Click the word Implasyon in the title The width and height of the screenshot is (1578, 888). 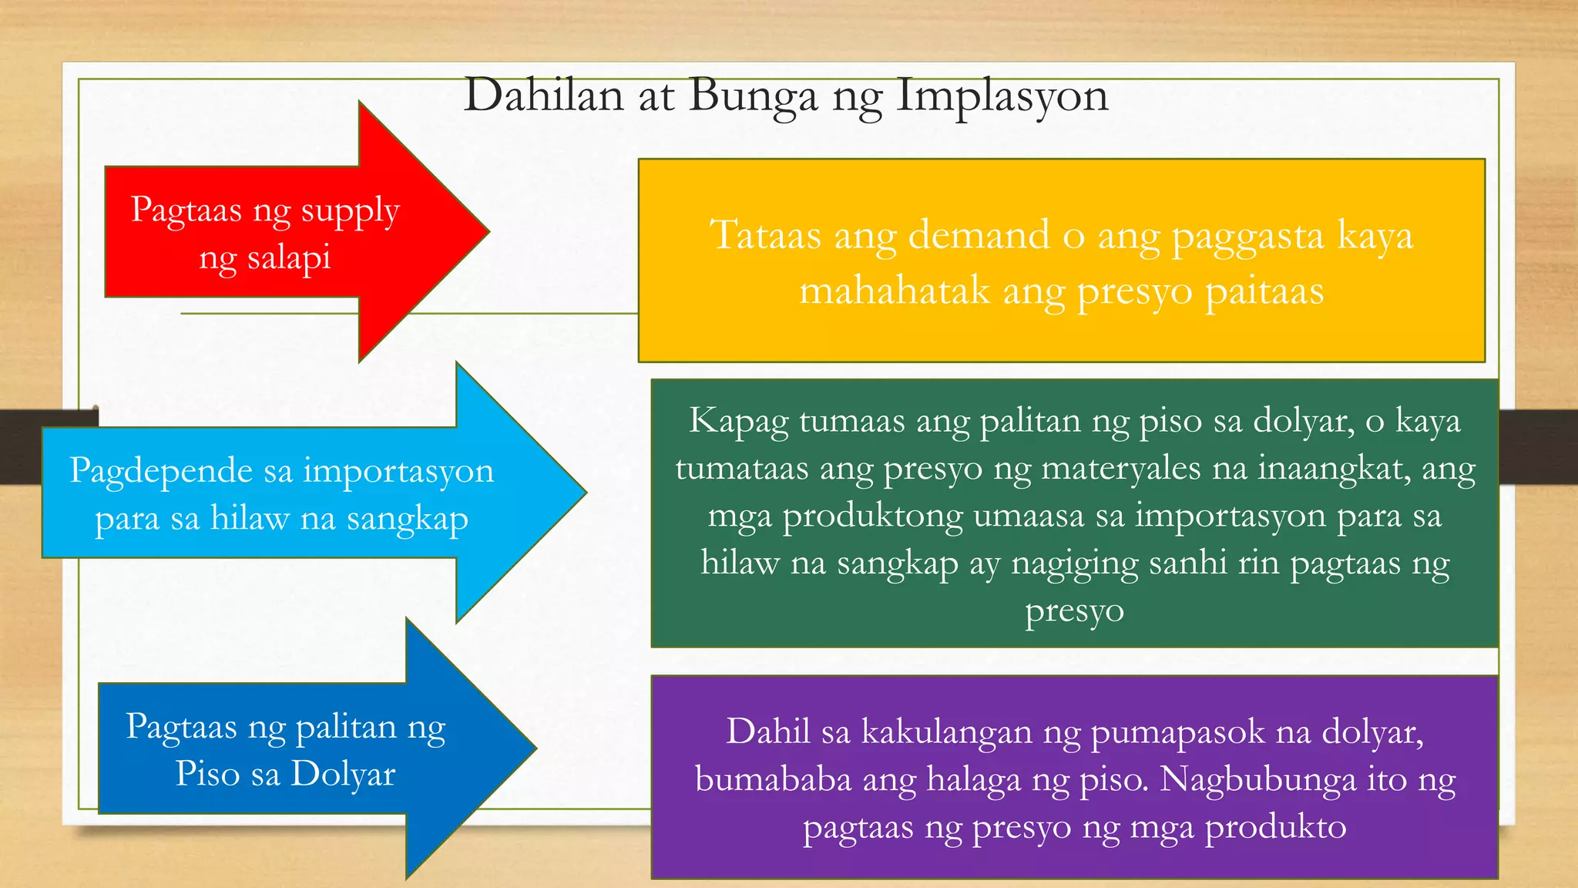(1002, 96)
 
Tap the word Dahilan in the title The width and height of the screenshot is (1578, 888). (543, 96)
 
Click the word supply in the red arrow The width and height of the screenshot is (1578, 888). (351, 211)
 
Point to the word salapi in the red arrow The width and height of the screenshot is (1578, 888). (288, 257)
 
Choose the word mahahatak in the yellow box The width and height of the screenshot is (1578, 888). (894, 291)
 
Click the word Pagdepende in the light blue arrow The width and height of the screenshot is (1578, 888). (160, 471)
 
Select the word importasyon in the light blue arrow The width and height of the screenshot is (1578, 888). (398, 471)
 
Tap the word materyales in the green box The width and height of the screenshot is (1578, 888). (1120, 469)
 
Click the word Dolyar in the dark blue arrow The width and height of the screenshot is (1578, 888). (343, 774)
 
